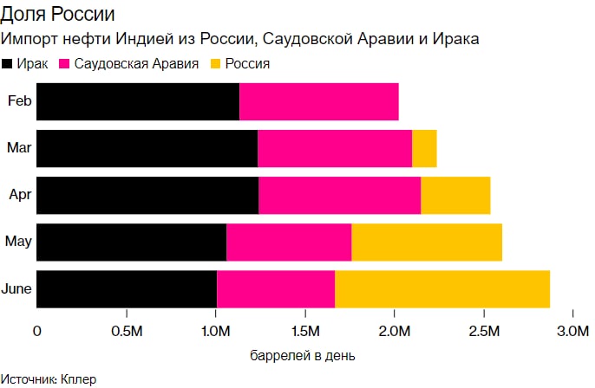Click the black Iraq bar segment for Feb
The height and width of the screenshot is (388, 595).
138,102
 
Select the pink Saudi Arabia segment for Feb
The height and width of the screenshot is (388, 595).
318,102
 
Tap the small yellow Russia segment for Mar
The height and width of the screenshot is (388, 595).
424,148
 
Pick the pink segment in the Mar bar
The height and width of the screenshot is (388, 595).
335,148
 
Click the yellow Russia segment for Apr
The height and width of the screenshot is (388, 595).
455,195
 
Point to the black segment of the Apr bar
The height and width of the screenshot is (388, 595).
147,195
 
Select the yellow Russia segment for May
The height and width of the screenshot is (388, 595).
427,242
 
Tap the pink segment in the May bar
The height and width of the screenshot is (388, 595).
289,242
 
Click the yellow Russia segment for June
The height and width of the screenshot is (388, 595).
442,288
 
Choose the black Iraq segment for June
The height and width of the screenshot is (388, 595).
127,288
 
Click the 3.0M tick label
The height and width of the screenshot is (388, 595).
572,332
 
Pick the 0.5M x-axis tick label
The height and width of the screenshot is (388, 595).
127,332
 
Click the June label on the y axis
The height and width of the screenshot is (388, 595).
18,288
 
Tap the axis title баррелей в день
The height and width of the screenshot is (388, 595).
303,355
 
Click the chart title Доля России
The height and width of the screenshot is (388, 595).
58,16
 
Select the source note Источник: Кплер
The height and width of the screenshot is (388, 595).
49,379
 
